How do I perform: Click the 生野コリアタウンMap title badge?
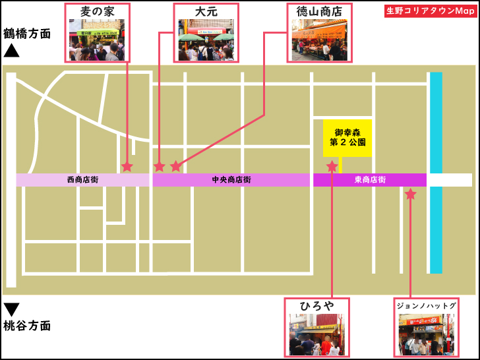[x=429, y=12]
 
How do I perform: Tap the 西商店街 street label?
[x=83, y=180]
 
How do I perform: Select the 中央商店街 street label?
[x=231, y=180]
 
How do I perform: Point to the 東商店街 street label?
[x=370, y=180]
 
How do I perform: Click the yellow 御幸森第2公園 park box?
[x=347, y=138]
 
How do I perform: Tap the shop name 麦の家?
[x=98, y=12]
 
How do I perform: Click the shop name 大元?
[x=206, y=12]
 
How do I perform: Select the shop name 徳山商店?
[x=319, y=12]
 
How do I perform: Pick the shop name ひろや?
[x=316, y=307]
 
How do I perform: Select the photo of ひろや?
[x=316, y=334]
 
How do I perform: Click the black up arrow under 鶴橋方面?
[x=12, y=50]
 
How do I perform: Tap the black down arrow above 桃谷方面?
[x=12, y=309]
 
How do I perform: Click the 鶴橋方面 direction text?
[x=27, y=34]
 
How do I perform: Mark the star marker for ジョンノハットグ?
[x=410, y=195]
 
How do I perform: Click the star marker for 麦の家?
[x=127, y=166]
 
